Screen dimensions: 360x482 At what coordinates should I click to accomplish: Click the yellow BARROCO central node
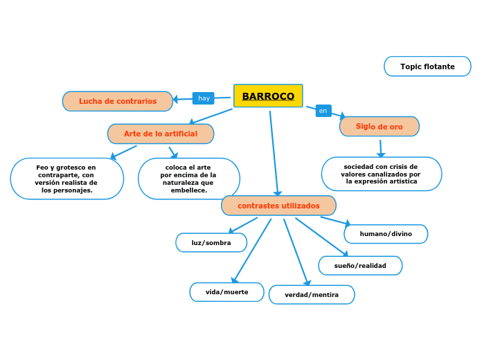point(268,96)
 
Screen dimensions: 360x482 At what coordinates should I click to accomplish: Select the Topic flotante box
point(427,66)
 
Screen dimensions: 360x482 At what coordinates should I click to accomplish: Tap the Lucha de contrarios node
point(118,101)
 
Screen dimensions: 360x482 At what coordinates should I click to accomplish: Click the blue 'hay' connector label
point(204,98)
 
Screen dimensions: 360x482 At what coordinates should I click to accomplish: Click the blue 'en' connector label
point(323,111)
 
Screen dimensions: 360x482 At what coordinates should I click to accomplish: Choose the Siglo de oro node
point(379,127)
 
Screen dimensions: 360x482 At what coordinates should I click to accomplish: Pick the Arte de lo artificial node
point(161,134)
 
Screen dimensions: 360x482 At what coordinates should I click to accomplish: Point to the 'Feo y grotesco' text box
point(66,179)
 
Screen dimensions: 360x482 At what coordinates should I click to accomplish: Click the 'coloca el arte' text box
point(188,179)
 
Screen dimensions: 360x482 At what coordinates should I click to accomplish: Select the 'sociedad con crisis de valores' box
point(381,174)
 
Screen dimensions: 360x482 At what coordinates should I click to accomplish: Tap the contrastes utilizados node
point(278,206)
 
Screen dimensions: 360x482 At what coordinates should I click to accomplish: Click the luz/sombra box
point(211,242)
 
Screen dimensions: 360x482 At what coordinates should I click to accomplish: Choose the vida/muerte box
point(226,292)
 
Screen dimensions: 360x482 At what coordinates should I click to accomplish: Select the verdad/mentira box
point(312,295)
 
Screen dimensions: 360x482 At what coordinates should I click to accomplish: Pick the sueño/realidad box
point(360,266)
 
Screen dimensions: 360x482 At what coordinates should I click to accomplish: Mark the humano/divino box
point(386,234)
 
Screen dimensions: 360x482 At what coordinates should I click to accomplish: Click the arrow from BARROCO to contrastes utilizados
point(274,152)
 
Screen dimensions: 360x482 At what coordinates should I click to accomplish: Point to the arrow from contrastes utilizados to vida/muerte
point(252,251)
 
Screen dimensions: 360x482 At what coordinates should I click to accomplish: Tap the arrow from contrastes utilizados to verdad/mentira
point(296,251)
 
